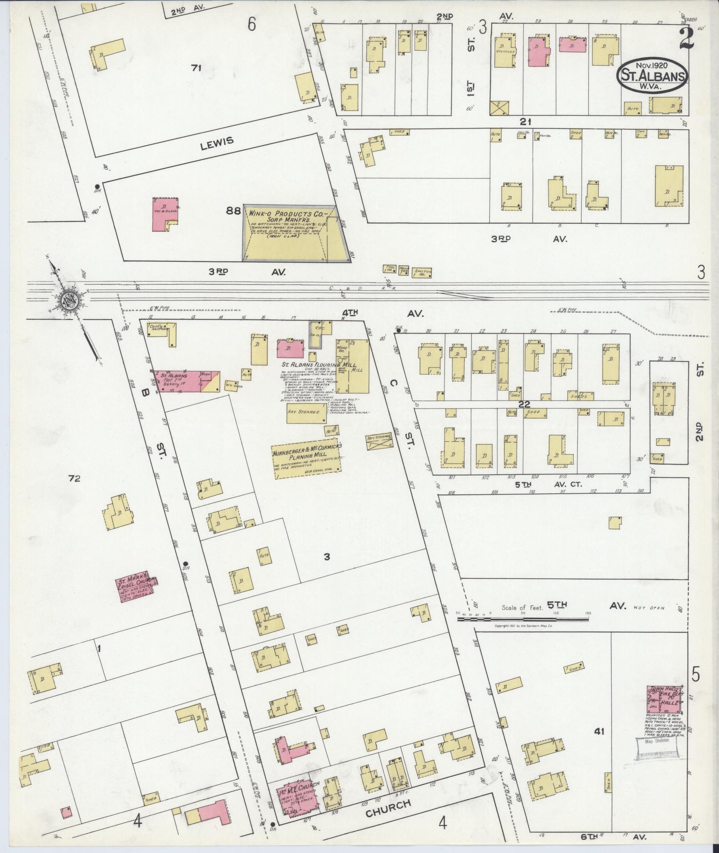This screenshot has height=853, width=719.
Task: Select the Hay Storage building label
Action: pyautogui.click(x=304, y=412)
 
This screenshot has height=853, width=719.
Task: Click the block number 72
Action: pyautogui.click(x=74, y=479)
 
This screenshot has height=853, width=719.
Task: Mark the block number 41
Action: pyautogui.click(x=600, y=731)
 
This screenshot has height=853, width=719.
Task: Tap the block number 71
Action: pyautogui.click(x=196, y=68)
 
